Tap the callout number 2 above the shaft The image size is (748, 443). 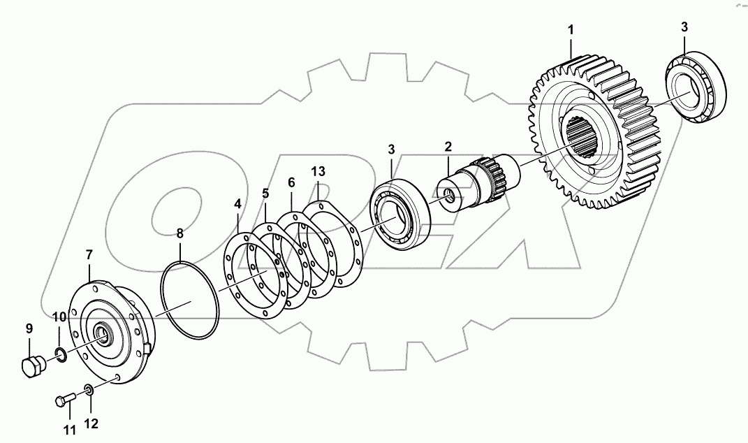click(x=448, y=147)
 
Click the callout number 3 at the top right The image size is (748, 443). click(x=684, y=27)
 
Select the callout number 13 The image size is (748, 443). click(x=318, y=171)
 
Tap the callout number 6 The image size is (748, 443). click(x=291, y=182)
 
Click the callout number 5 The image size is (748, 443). click(x=265, y=193)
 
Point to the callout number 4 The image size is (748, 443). click(x=237, y=204)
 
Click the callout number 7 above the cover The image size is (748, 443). click(x=89, y=255)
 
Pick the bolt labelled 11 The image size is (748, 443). click(x=64, y=400)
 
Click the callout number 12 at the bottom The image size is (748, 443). click(x=92, y=423)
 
